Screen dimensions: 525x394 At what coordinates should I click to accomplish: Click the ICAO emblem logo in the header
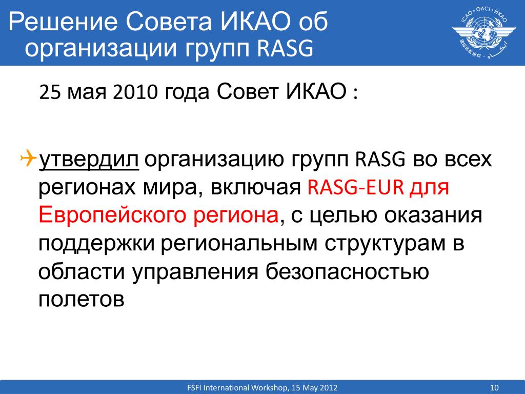[484, 32]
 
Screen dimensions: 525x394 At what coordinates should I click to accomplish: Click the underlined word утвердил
[89, 160]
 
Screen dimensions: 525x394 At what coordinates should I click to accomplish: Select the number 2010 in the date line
[135, 92]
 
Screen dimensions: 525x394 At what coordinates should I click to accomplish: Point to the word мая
[87, 93]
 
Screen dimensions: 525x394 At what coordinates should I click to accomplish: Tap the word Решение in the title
[63, 22]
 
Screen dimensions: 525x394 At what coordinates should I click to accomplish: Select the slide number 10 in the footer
[494, 388]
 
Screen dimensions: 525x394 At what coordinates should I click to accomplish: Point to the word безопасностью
[347, 271]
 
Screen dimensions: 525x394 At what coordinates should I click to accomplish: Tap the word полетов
[82, 299]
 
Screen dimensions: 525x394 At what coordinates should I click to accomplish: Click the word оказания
[433, 216]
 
